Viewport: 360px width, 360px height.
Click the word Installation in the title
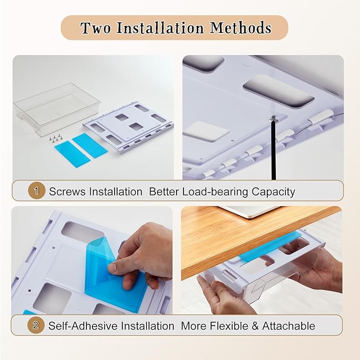pyautogui.click(x=160, y=28)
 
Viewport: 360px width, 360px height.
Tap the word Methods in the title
pyautogui.click(x=240, y=28)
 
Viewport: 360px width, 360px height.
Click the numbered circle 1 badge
pyautogui.click(x=36, y=190)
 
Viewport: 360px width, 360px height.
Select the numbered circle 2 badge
pyautogui.click(x=36, y=325)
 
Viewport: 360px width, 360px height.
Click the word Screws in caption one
pyautogui.click(x=67, y=191)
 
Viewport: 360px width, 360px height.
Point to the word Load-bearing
pyautogui.click(x=215, y=192)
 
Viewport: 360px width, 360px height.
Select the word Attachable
pyautogui.click(x=288, y=326)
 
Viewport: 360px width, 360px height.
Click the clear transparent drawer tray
pyautogui.click(x=56, y=109)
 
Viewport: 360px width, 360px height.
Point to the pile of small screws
pyautogui.click(x=55, y=138)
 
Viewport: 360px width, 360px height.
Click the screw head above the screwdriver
pyautogui.click(x=273, y=119)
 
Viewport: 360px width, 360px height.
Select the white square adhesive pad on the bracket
pyautogui.click(x=207, y=131)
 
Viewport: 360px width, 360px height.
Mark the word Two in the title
pyautogui.click(x=95, y=28)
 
